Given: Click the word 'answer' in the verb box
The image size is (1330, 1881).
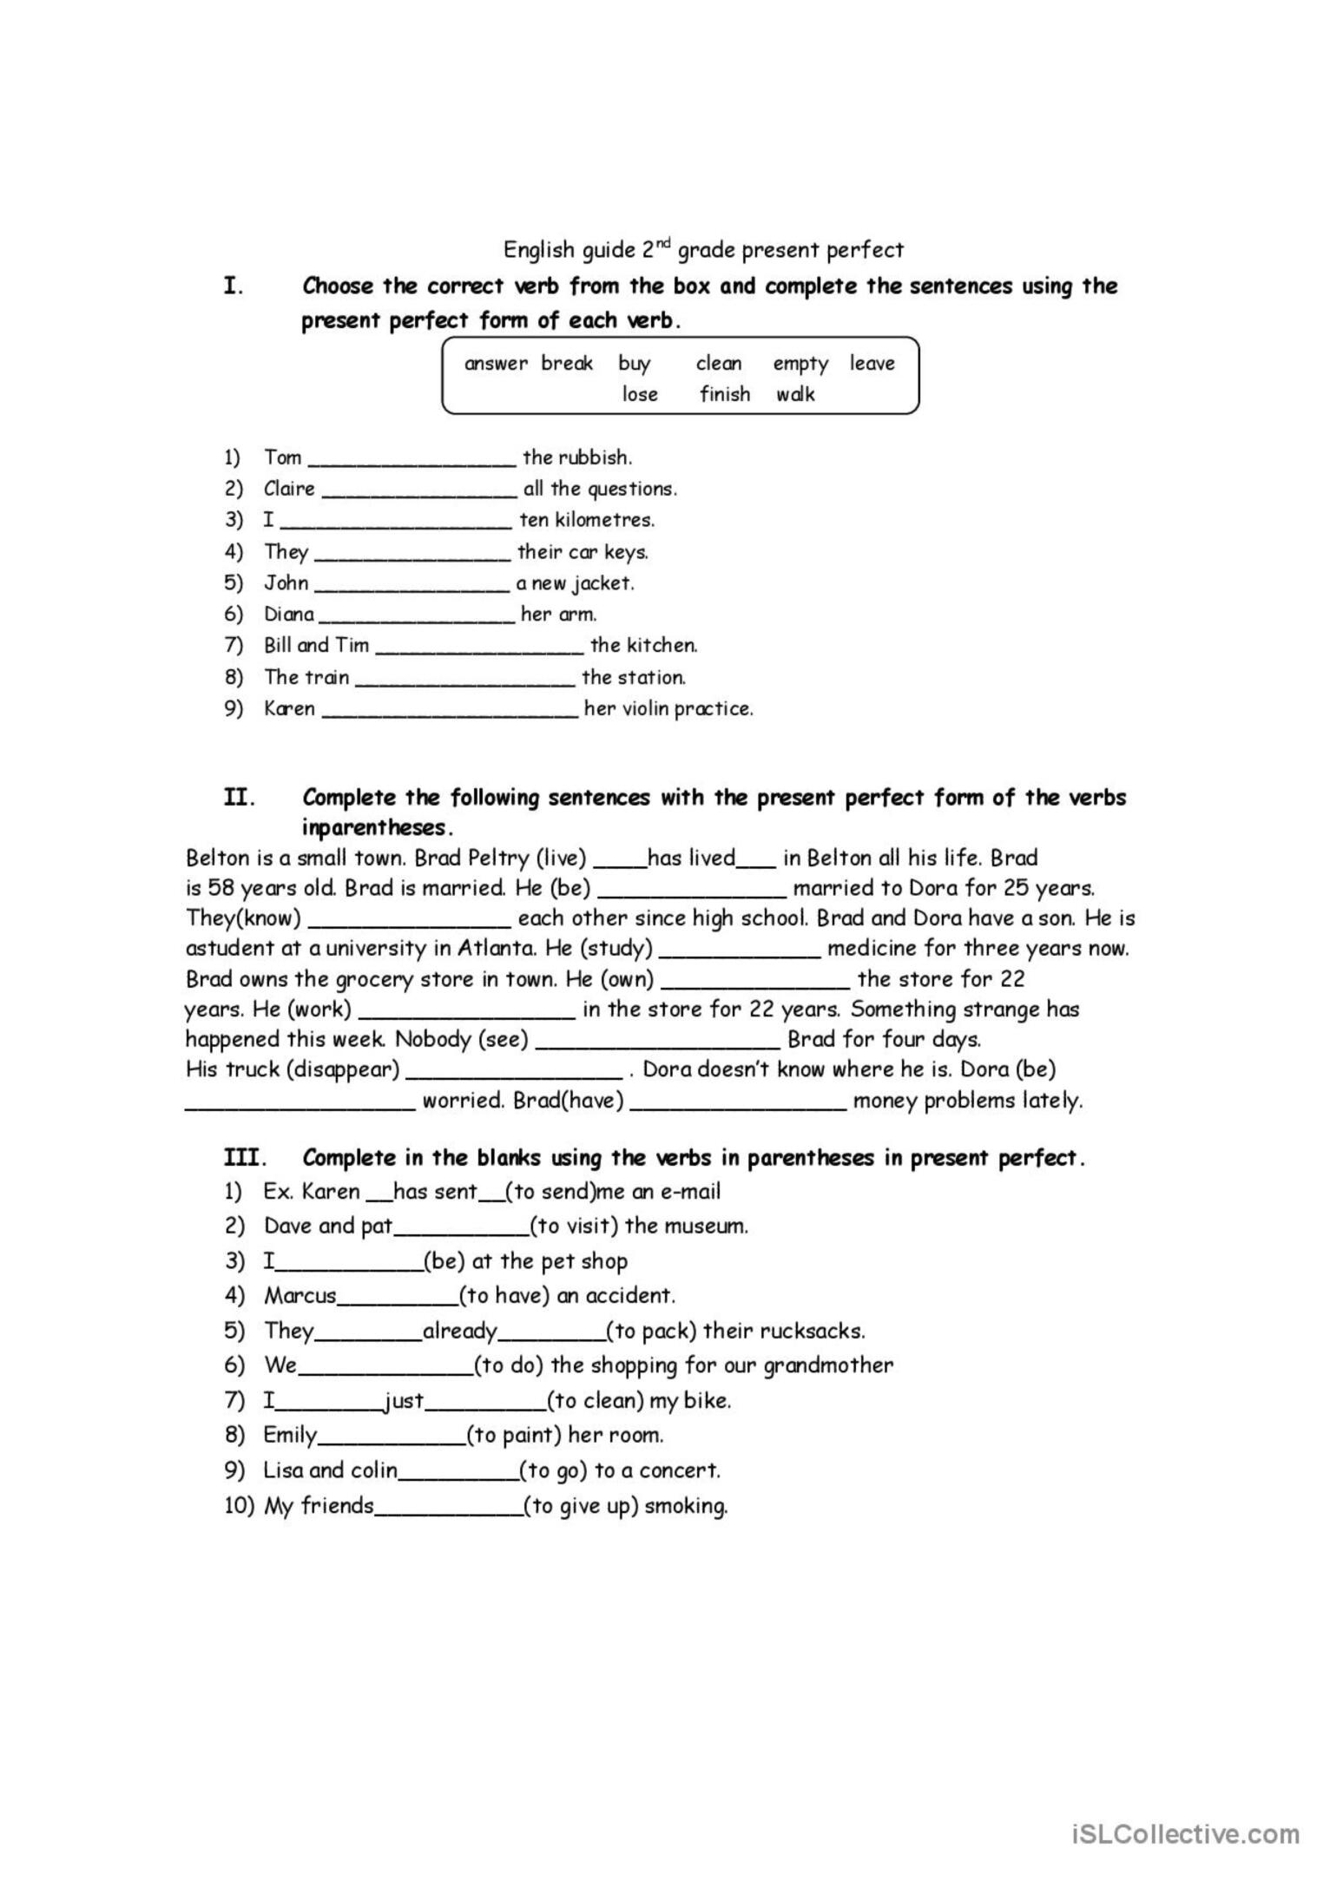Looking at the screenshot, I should click(496, 364).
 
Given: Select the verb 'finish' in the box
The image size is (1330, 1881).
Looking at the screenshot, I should click(725, 394).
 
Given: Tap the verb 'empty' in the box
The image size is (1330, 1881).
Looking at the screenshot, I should click(800, 364).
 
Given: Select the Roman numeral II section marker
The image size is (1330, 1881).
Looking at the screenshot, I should click(239, 797).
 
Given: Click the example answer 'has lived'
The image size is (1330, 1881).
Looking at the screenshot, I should click(692, 858).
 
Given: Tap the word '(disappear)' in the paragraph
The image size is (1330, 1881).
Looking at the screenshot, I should click(343, 1069).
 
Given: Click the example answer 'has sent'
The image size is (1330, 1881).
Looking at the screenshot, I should click(436, 1192).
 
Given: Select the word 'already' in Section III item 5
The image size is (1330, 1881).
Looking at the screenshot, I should click(460, 1331).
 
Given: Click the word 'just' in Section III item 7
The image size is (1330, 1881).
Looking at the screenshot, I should click(405, 1400).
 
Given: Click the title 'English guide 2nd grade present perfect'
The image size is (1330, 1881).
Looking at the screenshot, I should click(703, 250).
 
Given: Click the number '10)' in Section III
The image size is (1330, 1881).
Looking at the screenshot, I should click(239, 1506).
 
